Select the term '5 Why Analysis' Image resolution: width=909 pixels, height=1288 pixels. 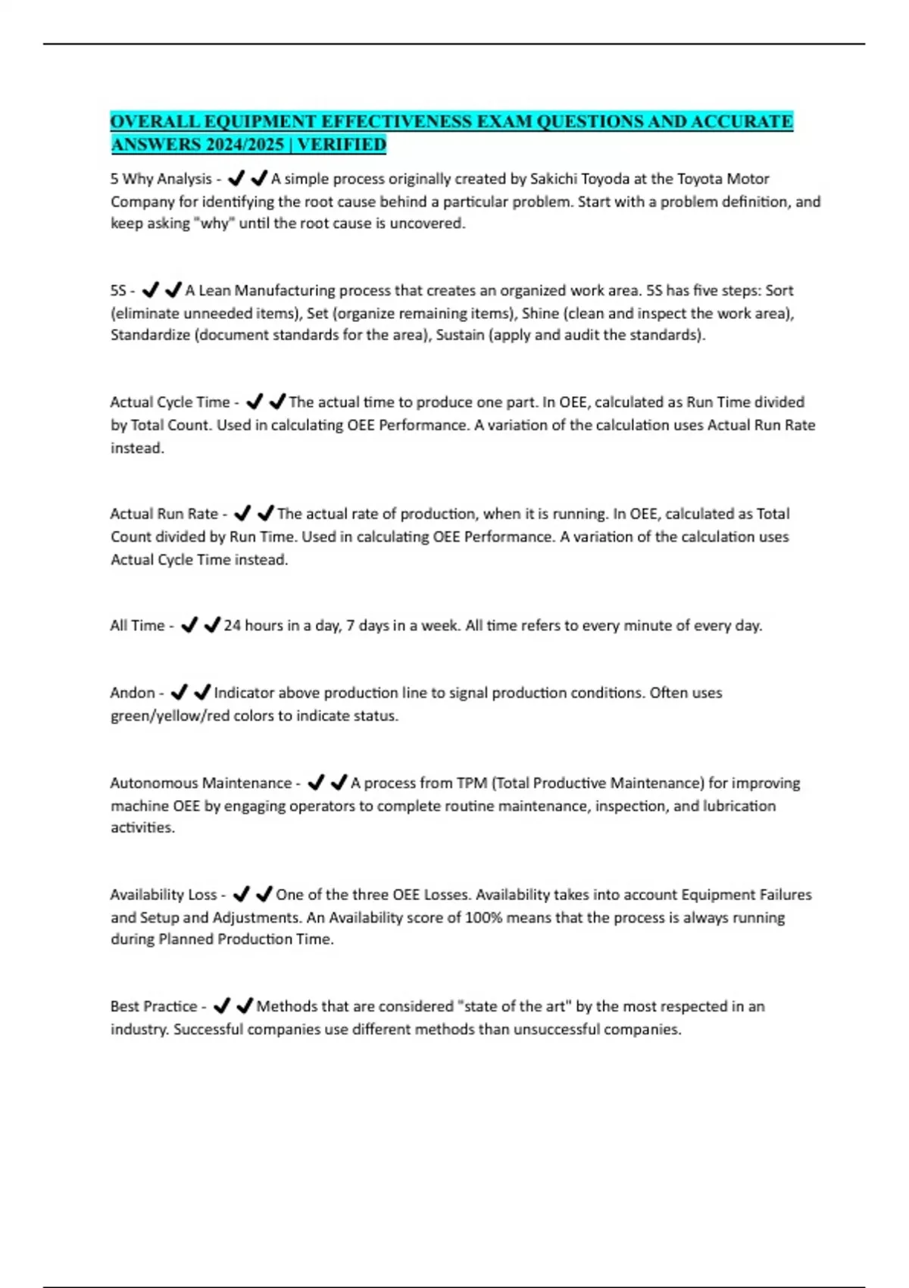pos(161,179)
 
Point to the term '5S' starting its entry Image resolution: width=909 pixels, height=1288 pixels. pos(118,290)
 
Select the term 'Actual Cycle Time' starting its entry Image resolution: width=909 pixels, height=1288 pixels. pos(170,402)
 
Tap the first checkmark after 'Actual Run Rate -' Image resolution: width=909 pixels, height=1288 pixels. pos(242,514)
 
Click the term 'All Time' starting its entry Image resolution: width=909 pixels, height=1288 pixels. pos(137,626)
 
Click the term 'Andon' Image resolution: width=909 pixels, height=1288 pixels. pos(133,692)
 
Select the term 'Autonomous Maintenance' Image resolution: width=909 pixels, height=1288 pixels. pos(201,783)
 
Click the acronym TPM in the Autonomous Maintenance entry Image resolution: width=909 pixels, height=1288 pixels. pos(472,783)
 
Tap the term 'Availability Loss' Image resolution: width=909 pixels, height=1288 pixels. pos(164,895)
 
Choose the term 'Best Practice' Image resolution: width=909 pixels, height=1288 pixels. pos(154,1006)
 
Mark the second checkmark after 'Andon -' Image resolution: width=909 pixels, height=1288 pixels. pos(202,692)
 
